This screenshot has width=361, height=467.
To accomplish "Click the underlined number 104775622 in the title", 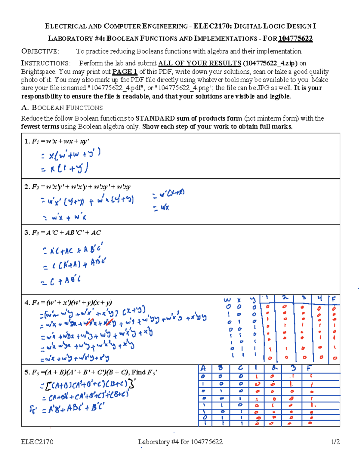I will pos(295,38).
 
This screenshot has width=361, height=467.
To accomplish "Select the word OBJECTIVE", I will pos(40,51).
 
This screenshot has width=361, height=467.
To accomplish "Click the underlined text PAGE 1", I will pos(125,72).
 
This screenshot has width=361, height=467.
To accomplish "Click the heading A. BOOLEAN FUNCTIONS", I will pos(62,108).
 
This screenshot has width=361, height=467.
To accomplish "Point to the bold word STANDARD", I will pos(155,118).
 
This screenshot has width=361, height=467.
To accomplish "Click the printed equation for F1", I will pos(57,141).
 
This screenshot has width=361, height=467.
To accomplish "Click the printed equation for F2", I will pos(77,187).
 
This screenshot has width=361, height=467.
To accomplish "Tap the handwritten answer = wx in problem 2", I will pos(161,207).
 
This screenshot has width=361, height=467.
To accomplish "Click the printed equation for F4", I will pos(68,303).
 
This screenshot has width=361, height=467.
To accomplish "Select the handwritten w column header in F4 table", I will pos(227,300).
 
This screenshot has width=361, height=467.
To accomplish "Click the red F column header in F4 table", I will pos(333,299).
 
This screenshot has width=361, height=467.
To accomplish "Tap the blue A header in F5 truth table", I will pos(203,368).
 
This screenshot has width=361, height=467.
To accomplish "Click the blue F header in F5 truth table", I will pos(309,368).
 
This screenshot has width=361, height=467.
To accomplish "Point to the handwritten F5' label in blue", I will pos(33,410).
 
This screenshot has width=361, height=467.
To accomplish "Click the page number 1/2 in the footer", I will pos(335,442).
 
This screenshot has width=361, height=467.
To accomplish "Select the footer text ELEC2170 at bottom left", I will pos(37,442).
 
